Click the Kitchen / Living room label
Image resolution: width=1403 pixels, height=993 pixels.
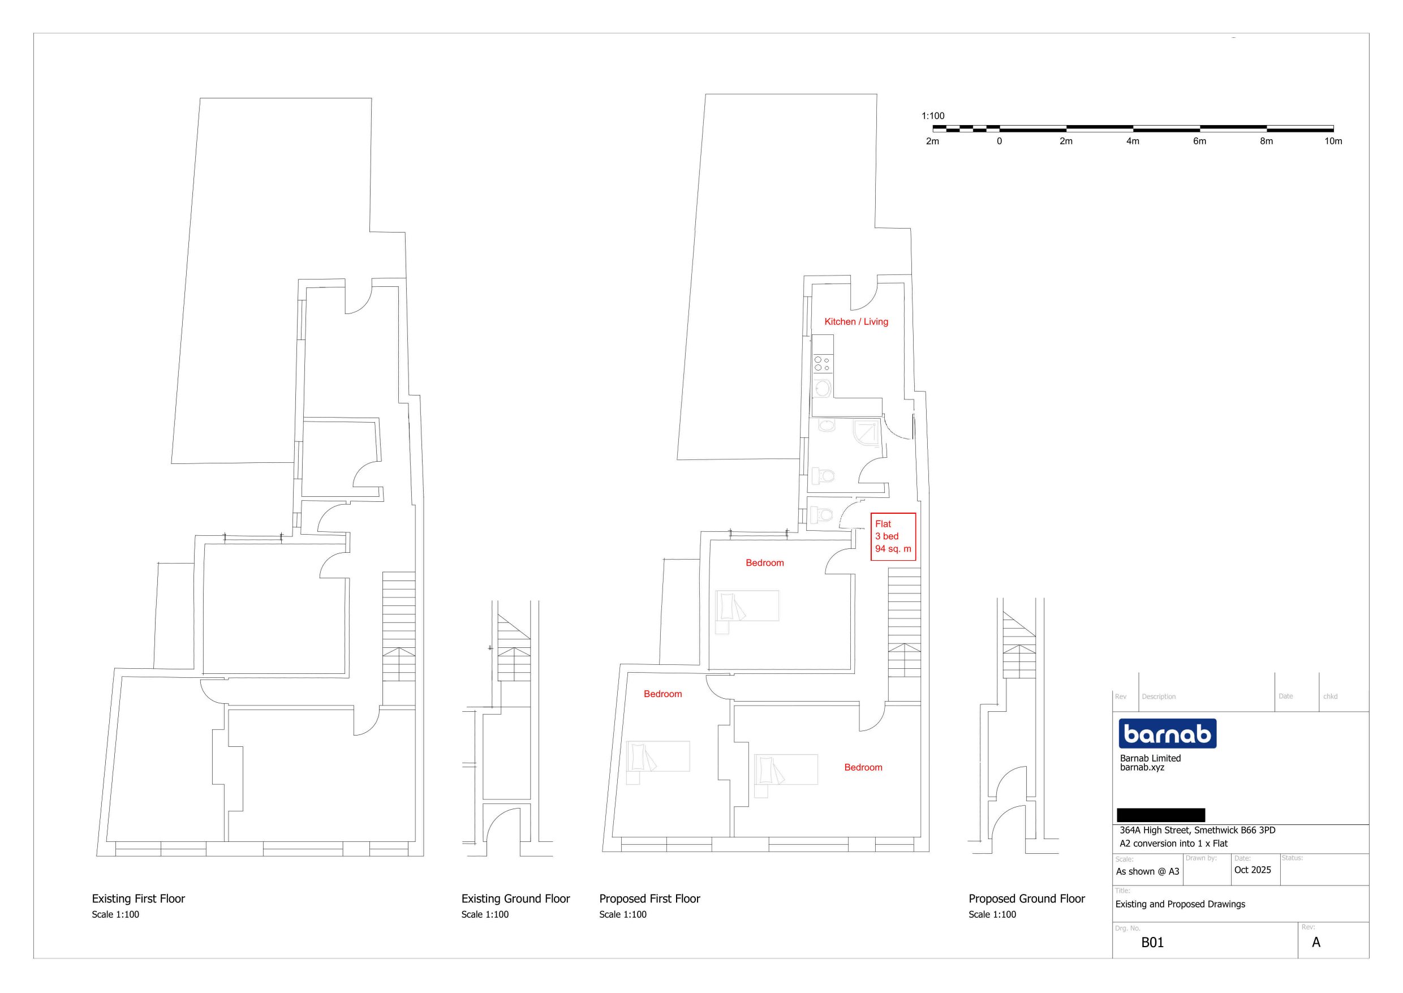point(856,321)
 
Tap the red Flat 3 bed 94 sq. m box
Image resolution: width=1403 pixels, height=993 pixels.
point(893,536)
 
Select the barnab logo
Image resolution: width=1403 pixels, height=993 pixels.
point(1167,733)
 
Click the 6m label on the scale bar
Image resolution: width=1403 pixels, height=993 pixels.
point(1199,141)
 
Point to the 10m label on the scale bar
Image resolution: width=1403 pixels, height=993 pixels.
point(1333,141)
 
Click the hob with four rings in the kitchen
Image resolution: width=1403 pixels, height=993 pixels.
point(821,364)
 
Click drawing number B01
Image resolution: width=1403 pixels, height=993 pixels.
point(1152,942)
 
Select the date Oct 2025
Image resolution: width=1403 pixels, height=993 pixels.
point(1252,870)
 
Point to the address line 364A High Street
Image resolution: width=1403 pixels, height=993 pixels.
point(1197,831)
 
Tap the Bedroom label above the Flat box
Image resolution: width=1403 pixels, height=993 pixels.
point(764,562)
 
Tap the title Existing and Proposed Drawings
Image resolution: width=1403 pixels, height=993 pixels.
point(1180,904)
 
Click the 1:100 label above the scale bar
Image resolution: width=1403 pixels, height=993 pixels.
point(933,115)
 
